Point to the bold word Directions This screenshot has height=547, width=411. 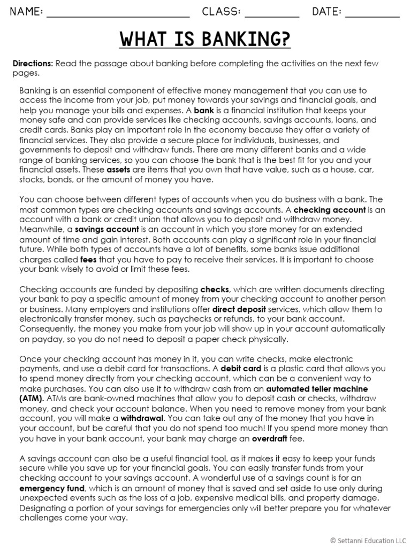[33, 64]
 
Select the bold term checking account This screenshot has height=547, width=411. [330, 210]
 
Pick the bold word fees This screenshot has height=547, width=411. [88, 259]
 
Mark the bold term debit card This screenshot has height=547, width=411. [241, 369]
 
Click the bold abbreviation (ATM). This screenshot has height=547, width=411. [34, 398]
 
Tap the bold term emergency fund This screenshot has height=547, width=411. [52, 488]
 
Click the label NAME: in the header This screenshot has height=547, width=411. [26, 12]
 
